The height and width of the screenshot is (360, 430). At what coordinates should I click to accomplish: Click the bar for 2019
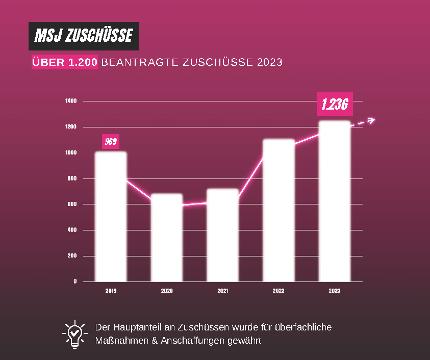click(x=111, y=216)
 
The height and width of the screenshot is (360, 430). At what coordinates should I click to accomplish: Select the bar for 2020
click(x=167, y=237)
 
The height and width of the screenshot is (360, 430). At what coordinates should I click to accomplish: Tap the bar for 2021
click(x=222, y=235)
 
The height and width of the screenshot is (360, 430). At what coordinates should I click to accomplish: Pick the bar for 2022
click(x=279, y=210)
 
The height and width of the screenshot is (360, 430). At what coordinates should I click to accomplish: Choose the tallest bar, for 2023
click(x=334, y=201)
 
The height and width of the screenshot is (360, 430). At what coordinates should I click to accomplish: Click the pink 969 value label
click(x=111, y=142)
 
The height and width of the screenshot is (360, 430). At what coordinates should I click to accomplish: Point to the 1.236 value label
click(x=335, y=105)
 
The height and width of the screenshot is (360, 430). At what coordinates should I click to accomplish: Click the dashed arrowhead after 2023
click(x=371, y=120)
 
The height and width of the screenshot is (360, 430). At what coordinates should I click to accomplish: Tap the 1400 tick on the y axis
click(x=71, y=101)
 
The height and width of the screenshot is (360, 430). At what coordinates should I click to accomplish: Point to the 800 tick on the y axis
click(x=71, y=178)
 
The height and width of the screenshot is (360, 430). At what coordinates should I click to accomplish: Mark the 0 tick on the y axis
click(x=74, y=281)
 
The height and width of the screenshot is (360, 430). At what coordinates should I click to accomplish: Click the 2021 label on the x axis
click(x=222, y=291)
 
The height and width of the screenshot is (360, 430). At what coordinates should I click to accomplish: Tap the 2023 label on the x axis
click(x=334, y=291)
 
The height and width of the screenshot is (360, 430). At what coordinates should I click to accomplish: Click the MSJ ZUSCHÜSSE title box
click(x=83, y=36)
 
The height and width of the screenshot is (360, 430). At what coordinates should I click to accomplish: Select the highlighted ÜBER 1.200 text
click(x=65, y=62)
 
